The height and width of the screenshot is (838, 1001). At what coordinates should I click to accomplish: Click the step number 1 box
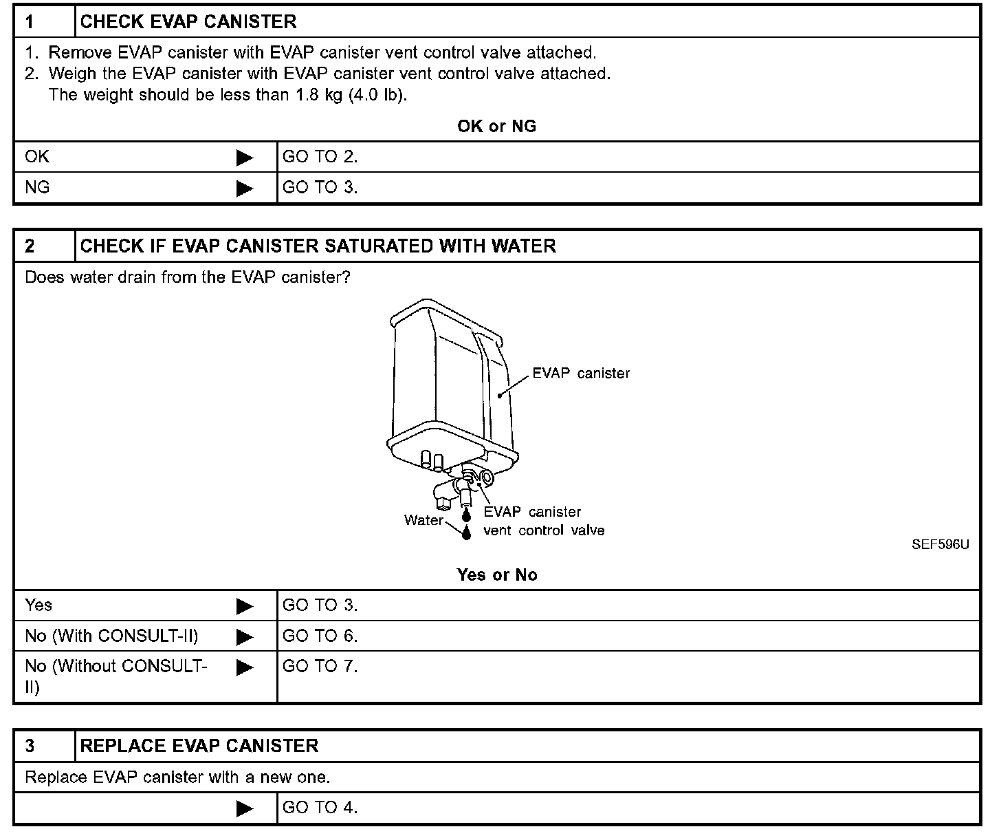(x=44, y=22)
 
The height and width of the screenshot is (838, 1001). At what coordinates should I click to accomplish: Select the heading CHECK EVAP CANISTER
(x=188, y=22)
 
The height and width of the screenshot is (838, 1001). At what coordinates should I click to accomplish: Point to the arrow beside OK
(x=244, y=158)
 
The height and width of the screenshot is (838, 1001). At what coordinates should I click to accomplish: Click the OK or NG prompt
(x=496, y=126)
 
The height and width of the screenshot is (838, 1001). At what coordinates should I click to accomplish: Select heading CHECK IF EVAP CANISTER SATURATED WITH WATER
(x=318, y=246)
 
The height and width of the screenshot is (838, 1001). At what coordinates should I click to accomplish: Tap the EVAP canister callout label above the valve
(x=581, y=373)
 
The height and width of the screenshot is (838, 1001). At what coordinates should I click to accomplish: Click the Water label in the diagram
(x=423, y=520)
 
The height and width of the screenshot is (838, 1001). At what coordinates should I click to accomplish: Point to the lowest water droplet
(x=467, y=533)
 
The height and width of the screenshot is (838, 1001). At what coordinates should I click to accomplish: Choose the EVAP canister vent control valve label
(x=543, y=522)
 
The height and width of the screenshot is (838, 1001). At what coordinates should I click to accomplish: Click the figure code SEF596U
(x=940, y=545)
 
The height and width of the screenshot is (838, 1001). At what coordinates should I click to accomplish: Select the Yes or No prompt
(x=496, y=574)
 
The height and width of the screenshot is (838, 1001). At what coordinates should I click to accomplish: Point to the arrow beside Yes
(x=244, y=606)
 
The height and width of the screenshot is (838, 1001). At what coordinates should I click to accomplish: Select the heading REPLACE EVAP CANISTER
(x=199, y=746)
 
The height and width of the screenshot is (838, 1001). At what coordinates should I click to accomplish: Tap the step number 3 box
(x=44, y=746)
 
